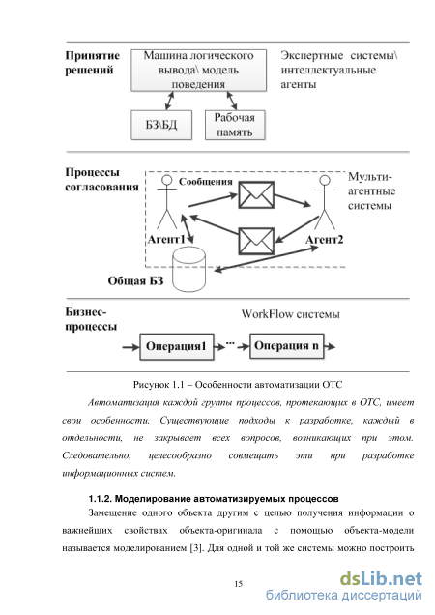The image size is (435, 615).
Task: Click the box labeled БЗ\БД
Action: pos(161,125)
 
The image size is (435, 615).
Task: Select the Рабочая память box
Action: pos(235,125)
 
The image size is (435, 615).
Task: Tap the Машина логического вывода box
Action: pos(198,71)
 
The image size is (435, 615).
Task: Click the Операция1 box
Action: pos(177,347)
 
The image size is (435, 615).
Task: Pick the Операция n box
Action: pos(287,346)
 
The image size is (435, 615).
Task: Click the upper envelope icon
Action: pos(256,194)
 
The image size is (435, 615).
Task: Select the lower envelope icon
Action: pos(256,241)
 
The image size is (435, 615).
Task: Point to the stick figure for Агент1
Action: pos(167,201)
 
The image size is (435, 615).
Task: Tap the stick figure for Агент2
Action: pos(325,201)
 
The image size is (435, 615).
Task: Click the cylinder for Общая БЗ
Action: pos(189,270)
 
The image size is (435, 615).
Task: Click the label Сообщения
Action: pos(206,182)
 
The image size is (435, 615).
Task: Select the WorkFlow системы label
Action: pos(290,314)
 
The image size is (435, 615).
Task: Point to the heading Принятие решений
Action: pos(92,63)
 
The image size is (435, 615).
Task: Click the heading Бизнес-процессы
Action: pos(91,319)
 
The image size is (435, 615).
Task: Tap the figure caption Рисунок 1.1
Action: pos(238,385)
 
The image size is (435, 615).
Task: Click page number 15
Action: pos(239,584)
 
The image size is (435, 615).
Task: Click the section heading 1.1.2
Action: pos(214,499)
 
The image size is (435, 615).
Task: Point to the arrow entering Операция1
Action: pos(131,347)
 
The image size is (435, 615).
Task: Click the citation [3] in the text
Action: pos(195,548)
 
